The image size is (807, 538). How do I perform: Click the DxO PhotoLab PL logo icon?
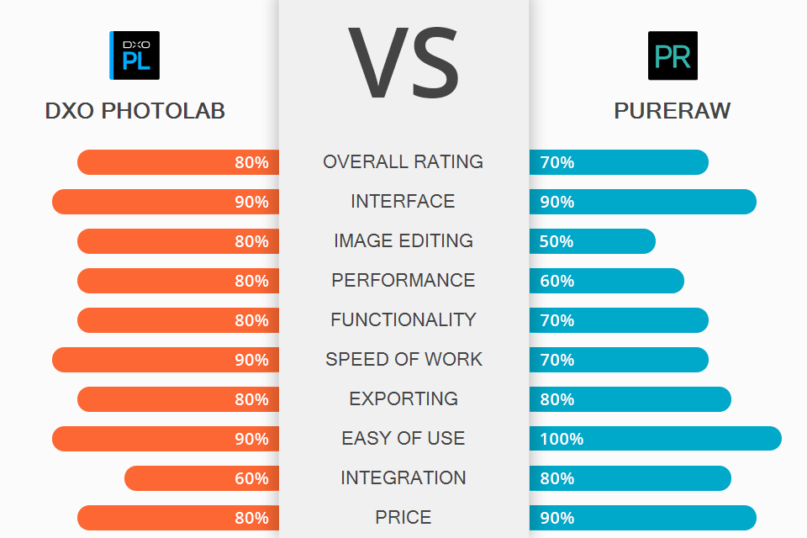click(134, 55)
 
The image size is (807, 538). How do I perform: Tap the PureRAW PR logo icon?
click(672, 55)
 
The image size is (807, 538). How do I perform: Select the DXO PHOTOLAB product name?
click(134, 111)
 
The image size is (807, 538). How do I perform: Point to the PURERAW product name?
click(672, 111)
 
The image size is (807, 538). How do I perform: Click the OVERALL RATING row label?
click(403, 162)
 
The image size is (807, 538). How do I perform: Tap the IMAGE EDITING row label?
click(403, 241)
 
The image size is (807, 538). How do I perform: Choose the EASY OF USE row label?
click(403, 439)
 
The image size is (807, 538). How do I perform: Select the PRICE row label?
click(403, 518)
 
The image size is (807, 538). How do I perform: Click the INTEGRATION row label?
click(403, 478)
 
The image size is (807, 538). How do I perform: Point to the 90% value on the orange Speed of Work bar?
click(251, 360)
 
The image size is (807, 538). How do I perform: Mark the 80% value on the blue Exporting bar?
click(557, 399)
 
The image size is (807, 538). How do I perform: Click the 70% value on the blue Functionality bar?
click(557, 320)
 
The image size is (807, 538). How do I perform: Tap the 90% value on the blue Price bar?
click(557, 518)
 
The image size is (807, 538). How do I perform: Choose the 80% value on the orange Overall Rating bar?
click(251, 162)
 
